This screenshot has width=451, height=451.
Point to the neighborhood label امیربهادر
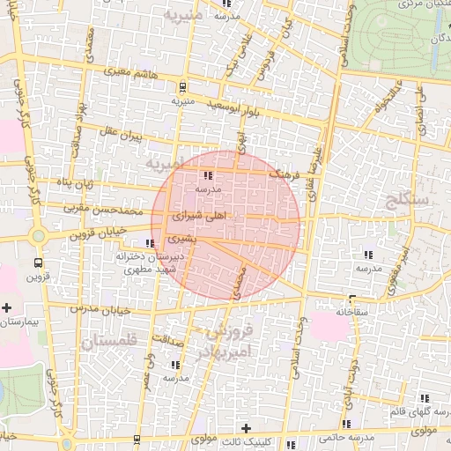point(231,351)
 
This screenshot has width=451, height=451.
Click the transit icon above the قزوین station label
point(38,262)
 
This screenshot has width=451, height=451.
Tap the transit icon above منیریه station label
point(182,86)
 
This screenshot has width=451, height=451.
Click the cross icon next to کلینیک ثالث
point(245,428)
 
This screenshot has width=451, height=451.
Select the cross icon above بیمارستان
point(7,308)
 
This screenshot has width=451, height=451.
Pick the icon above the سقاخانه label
point(353,299)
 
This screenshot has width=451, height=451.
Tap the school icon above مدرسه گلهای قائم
point(429,398)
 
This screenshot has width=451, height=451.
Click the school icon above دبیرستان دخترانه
point(151,243)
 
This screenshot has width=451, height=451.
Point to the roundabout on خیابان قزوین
point(38,236)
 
